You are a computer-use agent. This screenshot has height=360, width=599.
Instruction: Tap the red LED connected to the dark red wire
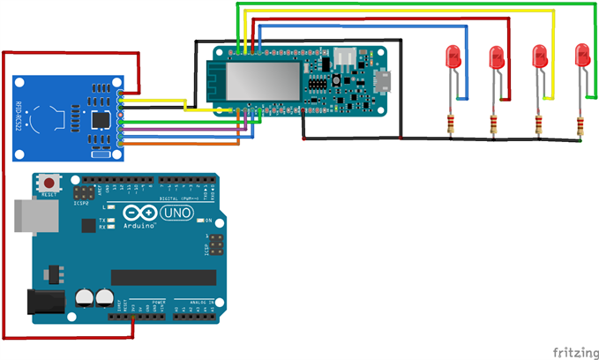(x=496, y=57)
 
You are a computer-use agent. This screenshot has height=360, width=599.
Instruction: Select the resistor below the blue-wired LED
(x=452, y=124)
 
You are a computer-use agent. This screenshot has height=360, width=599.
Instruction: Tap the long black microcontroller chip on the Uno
(x=163, y=278)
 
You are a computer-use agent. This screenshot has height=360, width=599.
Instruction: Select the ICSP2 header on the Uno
(x=85, y=192)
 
